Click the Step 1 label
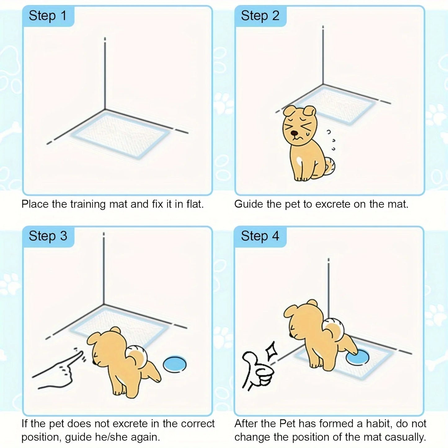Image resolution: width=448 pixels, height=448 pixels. click(x=48, y=16)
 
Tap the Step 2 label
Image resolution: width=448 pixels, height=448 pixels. click(x=260, y=16)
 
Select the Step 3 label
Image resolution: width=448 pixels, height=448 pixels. click(x=48, y=236)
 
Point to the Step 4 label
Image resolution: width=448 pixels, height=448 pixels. click(x=260, y=236)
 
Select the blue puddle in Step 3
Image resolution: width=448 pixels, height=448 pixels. click(x=175, y=364)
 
